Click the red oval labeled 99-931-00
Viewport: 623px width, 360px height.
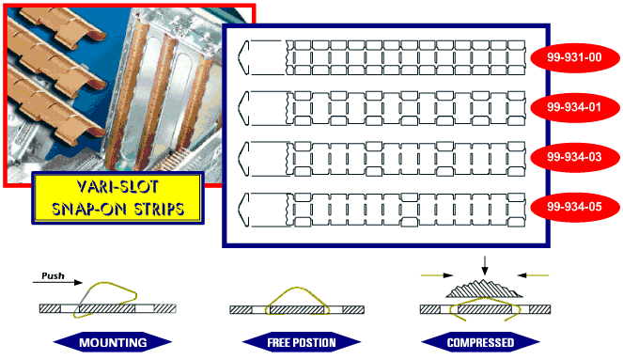[575, 57]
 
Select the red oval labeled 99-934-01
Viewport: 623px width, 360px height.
[575, 107]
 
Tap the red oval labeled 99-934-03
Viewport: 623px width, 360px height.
[575, 157]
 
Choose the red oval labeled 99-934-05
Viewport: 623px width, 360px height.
[575, 207]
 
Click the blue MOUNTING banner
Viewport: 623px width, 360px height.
[113, 342]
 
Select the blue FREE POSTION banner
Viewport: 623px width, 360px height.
[302, 342]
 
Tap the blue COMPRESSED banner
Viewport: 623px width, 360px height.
[480, 342]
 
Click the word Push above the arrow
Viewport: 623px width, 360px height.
[53, 275]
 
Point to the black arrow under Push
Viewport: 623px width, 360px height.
[57, 283]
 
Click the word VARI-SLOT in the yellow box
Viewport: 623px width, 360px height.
[117, 186]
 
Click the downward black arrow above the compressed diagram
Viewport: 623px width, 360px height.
[484, 265]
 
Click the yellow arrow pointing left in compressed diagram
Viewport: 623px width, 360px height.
[533, 275]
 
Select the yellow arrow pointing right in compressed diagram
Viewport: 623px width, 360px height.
[437, 275]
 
